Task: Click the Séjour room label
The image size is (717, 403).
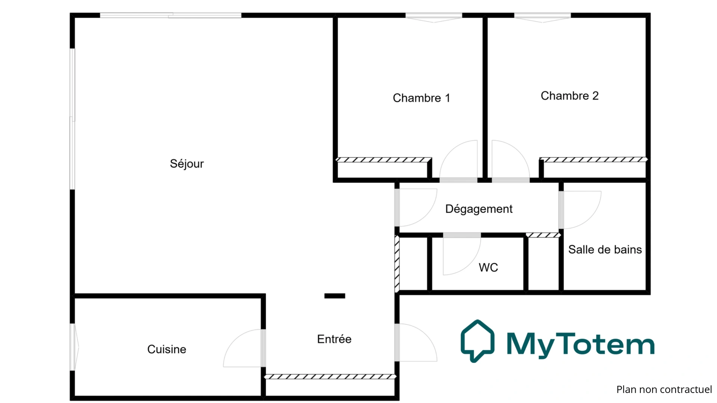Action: coord(187,164)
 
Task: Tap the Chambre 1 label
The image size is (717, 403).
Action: coord(421,98)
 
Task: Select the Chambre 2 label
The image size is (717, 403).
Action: coord(569,96)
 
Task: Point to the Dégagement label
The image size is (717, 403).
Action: coord(479,209)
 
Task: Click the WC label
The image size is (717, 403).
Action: coord(488,268)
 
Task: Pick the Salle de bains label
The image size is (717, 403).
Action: coord(605,250)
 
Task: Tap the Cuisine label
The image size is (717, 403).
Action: coord(167,349)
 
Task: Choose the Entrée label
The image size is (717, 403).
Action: coord(334,339)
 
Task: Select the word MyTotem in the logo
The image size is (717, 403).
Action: coord(580,344)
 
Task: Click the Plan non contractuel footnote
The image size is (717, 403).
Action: coord(664,390)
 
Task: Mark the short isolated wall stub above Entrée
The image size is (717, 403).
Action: coord(334,296)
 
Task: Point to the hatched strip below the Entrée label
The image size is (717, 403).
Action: coord(330,377)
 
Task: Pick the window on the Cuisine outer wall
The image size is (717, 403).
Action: coord(74,347)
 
